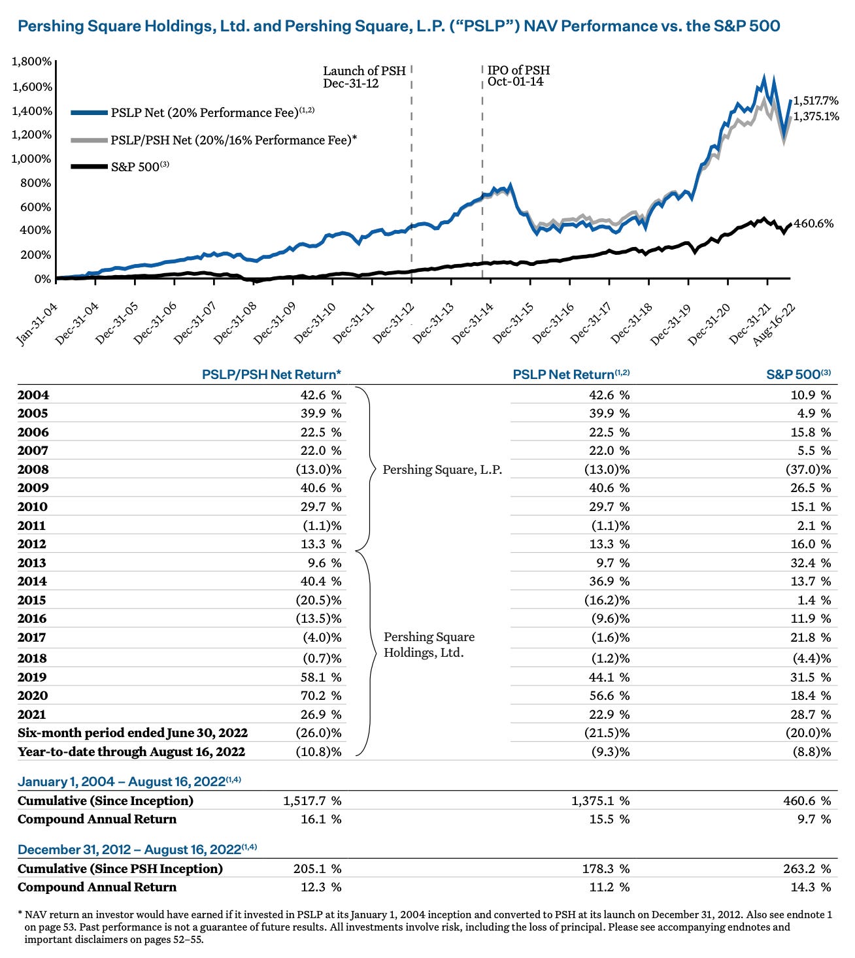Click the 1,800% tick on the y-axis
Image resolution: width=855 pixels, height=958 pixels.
(31, 61)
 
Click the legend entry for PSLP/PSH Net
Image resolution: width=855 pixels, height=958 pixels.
(233, 140)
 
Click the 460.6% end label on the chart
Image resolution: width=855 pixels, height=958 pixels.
(813, 223)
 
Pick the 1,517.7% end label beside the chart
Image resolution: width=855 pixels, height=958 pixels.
(815, 101)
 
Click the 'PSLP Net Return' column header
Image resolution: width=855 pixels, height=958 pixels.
(571, 374)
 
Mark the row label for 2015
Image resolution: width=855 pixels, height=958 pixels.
(33, 600)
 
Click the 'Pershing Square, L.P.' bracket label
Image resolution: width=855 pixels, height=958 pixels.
(442, 469)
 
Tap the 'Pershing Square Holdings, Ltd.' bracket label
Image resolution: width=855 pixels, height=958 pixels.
(429, 644)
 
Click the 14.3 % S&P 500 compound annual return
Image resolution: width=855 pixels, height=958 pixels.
(813, 887)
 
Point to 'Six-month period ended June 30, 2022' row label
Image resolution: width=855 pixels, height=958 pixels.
(133, 733)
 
